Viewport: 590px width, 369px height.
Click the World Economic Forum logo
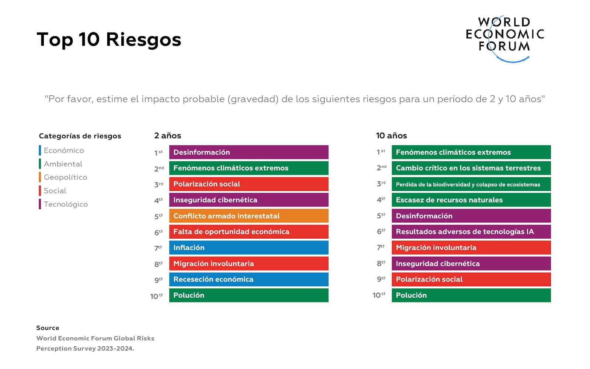pos(505,39)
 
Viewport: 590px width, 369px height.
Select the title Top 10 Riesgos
pos(109,40)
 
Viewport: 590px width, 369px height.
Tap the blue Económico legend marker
pos(40,150)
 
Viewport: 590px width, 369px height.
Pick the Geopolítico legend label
pos(65,177)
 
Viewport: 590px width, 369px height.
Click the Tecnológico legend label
pos(66,204)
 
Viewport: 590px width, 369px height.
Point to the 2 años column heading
pos(167,136)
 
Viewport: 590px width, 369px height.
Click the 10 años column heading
pos(391,136)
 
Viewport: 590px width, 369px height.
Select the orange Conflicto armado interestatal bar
pos(249,216)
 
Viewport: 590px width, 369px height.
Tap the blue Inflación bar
pos(249,247)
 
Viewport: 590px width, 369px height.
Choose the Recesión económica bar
pos(249,279)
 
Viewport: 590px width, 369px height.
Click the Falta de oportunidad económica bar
pos(249,232)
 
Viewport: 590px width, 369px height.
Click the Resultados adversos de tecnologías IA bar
pos(471,232)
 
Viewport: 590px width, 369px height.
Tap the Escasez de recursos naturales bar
pos(471,200)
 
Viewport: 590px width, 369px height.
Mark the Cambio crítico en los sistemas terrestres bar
pos(471,168)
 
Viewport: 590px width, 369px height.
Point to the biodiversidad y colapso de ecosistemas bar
pos(471,184)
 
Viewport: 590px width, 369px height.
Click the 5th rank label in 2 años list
pos(159,216)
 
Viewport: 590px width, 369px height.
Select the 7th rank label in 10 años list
pos(381,247)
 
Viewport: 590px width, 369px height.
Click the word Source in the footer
pos(48,328)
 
